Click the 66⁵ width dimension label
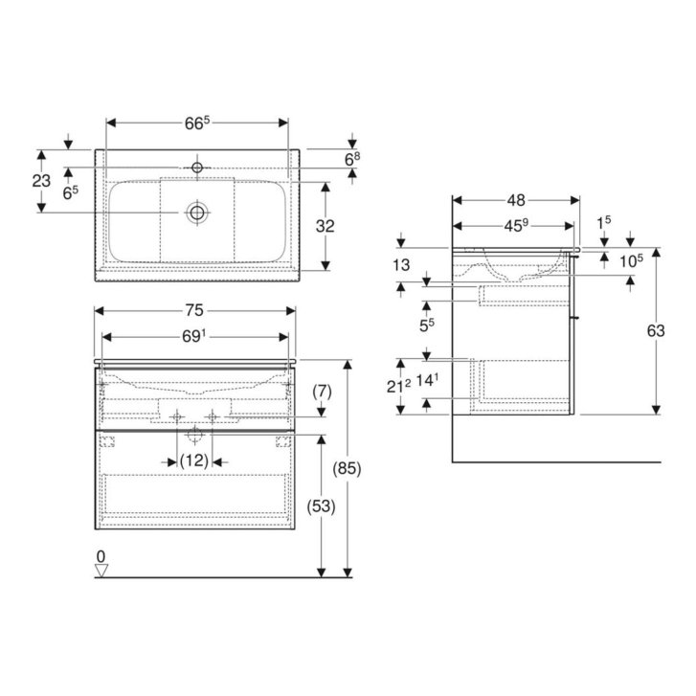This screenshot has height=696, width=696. point(196,123)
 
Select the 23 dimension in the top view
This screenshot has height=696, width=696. point(41,181)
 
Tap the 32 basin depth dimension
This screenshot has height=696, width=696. point(325,226)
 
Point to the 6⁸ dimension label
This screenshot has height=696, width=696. point(352,159)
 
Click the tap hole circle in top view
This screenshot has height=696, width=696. point(197,168)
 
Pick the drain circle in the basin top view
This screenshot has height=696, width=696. point(197,213)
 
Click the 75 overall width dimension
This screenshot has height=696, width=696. point(194,310)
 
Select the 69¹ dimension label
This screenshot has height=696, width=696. point(194,337)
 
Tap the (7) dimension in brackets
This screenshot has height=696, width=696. point(322,392)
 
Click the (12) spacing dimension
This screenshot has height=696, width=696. point(194,460)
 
